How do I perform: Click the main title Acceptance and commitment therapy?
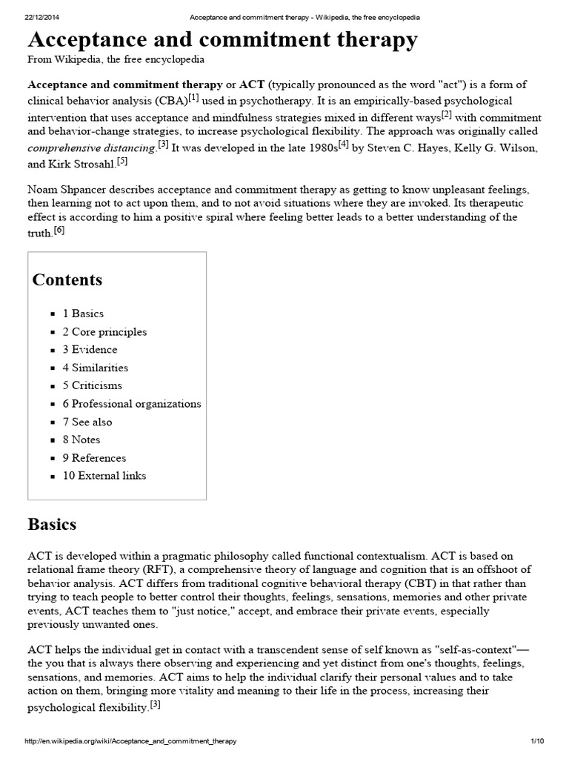(x=222, y=40)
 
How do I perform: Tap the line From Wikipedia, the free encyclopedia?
(x=116, y=59)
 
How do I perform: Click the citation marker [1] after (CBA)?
(x=193, y=98)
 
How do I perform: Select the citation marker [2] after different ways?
(x=446, y=114)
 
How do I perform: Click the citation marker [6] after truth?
(x=59, y=231)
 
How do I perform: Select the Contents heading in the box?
(x=67, y=280)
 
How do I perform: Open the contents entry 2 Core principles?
(x=104, y=332)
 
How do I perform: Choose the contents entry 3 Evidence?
(x=90, y=350)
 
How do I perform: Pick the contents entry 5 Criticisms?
(x=92, y=385)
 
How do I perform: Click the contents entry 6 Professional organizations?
(x=131, y=404)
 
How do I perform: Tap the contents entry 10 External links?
(x=104, y=476)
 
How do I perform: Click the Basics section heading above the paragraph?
(x=52, y=525)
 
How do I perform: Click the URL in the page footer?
(x=131, y=741)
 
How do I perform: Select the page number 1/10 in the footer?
(x=537, y=741)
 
